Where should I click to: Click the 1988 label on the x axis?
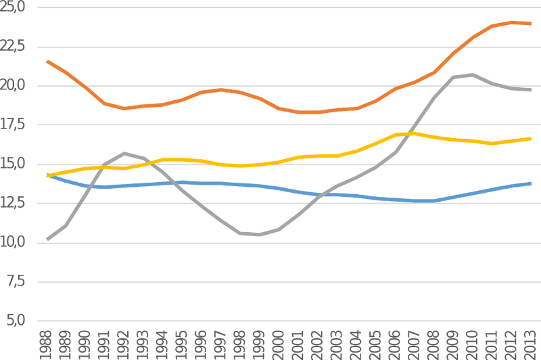46,345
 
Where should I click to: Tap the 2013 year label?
530,345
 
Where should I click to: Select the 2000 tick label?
279,345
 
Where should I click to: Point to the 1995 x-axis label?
181,345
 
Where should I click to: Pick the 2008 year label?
433,345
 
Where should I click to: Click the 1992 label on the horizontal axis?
124,345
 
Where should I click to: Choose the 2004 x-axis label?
356,345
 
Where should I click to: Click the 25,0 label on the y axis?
12,7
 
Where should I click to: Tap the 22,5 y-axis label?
12,46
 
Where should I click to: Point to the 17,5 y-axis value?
12,125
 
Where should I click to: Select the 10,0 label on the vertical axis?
12,242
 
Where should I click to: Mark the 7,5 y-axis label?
16,282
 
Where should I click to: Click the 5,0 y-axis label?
16,320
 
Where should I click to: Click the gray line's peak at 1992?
124,153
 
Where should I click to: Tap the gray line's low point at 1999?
259,235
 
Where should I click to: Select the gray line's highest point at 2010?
472,74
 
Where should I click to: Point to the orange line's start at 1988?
47,62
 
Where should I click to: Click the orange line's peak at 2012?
511,22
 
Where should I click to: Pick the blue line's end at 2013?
530,183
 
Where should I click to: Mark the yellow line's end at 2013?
530,139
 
